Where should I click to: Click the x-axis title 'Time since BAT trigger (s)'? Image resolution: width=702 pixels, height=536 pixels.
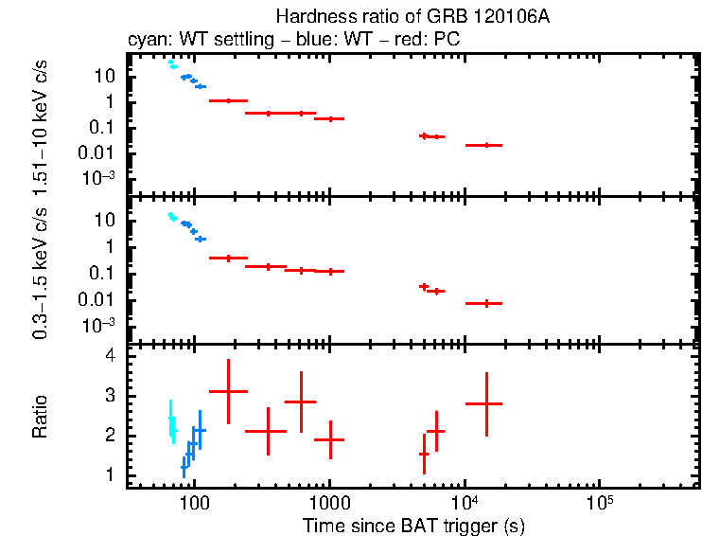pyautogui.click(x=413, y=525)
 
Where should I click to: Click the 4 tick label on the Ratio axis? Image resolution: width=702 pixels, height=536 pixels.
pyautogui.click(x=110, y=356)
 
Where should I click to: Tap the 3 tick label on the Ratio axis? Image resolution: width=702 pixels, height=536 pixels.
pyautogui.click(x=110, y=396)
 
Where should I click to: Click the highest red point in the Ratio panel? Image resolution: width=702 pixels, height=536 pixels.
pyautogui.click(x=228, y=391)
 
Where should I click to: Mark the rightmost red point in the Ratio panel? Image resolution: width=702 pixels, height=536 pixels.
pyautogui.click(x=484, y=403)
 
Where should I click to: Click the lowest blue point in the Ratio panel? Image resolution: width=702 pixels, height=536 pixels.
pyautogui.click(x=184, y=466)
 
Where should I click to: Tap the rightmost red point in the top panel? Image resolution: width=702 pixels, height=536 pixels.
pyautogui.click(x=484, y=145)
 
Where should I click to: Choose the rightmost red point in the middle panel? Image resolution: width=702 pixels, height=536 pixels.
pyautogui.click(x=484, y=303)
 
